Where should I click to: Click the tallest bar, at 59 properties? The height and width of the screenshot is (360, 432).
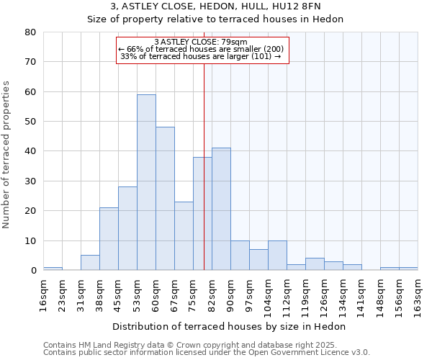(x=146, y=182)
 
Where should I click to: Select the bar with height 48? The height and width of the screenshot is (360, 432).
(x=165, y=199)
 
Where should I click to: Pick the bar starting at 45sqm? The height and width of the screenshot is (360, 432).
(x=127, y=228)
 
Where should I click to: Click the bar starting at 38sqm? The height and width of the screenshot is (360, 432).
(x=109, y=239)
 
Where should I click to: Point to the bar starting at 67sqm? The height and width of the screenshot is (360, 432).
(x=184, y=236)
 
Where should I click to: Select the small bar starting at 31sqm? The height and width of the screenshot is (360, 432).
(x=90, y=263)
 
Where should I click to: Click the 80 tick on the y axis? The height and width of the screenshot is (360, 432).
(x=30, y=32)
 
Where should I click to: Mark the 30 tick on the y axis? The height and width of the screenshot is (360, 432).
(x=30, y=181)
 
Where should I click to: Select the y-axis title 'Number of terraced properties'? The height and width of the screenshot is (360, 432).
(x=6, y=155)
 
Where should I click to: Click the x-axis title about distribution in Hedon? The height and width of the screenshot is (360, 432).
(x=229, y=326)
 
